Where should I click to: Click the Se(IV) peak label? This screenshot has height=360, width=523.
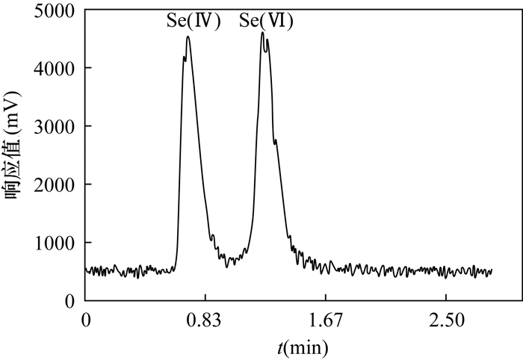[x=194, y=22]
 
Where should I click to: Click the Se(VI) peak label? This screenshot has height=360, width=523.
[x=266, y=22]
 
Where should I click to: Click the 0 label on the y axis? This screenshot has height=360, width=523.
[x=69, y=301]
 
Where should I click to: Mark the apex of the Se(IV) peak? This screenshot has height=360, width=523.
[x=188, y=37]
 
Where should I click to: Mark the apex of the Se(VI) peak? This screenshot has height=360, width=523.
[x=262, y=32]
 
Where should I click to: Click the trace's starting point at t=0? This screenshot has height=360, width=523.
[x=87, y=270]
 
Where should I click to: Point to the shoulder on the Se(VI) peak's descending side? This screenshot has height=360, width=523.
[x=276, y=140]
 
